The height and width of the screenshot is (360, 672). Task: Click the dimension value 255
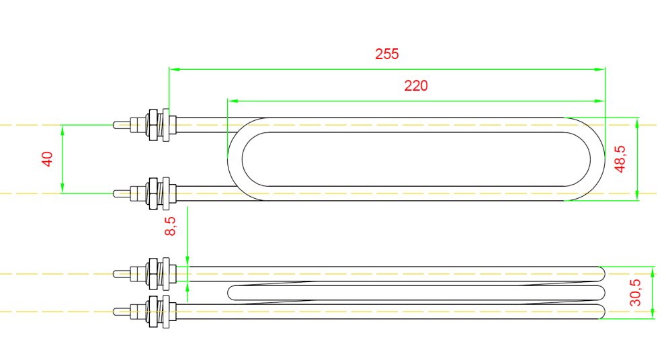pos(386,54)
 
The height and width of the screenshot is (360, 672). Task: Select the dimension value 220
pos(416,86)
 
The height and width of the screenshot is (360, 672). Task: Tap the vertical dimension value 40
pos(47,159)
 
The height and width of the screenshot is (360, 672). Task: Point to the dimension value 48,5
pos(621,159)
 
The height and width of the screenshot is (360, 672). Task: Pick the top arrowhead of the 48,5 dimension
pos(636,122)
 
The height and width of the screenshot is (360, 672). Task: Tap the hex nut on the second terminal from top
pos(153,193)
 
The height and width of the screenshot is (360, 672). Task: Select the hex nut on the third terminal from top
pos(153,273)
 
